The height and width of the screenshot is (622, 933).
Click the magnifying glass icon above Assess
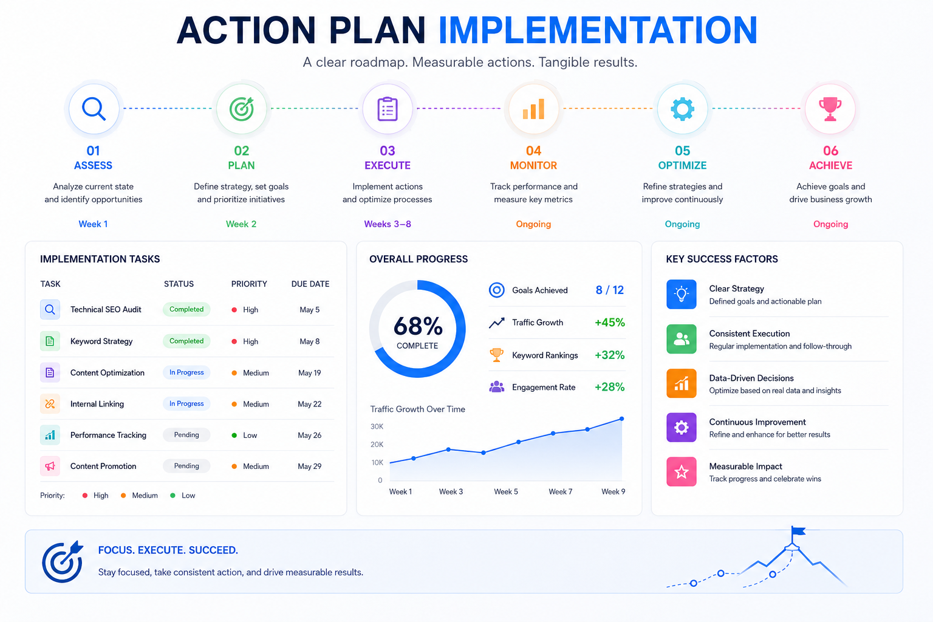click(x=94, y=109)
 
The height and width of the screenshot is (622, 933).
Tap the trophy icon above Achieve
click(x=830, y=109)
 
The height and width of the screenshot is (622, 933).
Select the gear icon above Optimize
click(x=682, y=109)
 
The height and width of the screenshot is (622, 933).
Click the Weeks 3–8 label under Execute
click(x=388, y=224)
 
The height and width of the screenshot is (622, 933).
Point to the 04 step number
click(x=533, y=151)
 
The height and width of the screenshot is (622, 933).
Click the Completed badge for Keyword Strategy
click(x=186, y=341)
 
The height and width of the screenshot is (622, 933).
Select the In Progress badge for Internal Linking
click(x=186, y=404)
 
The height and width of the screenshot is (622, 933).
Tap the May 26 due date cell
click(x=309, y=436)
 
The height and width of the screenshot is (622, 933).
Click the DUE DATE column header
click(x=310, y=284)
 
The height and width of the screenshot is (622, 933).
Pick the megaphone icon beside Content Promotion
click(x=50, y=466)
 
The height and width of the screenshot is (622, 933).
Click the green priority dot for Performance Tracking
click(x=234, y=436)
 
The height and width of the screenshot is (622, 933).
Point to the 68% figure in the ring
click(x=418, y=326)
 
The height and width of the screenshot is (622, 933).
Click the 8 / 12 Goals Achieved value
click(x=610, y=290)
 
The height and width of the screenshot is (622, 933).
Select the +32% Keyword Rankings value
click(x=610, y=355)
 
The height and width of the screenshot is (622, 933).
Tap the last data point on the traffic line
click(x=622, y=419)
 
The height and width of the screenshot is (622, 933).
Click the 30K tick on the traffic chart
click(x=377, y=426)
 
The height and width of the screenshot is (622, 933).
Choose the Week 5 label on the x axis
click(x=506, y=491)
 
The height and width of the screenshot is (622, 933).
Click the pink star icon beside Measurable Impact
click(x=682, y=471)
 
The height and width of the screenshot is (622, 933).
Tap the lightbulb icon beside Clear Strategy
click(x=682, y=294)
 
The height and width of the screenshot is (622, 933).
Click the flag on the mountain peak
click(x=798, y=531)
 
